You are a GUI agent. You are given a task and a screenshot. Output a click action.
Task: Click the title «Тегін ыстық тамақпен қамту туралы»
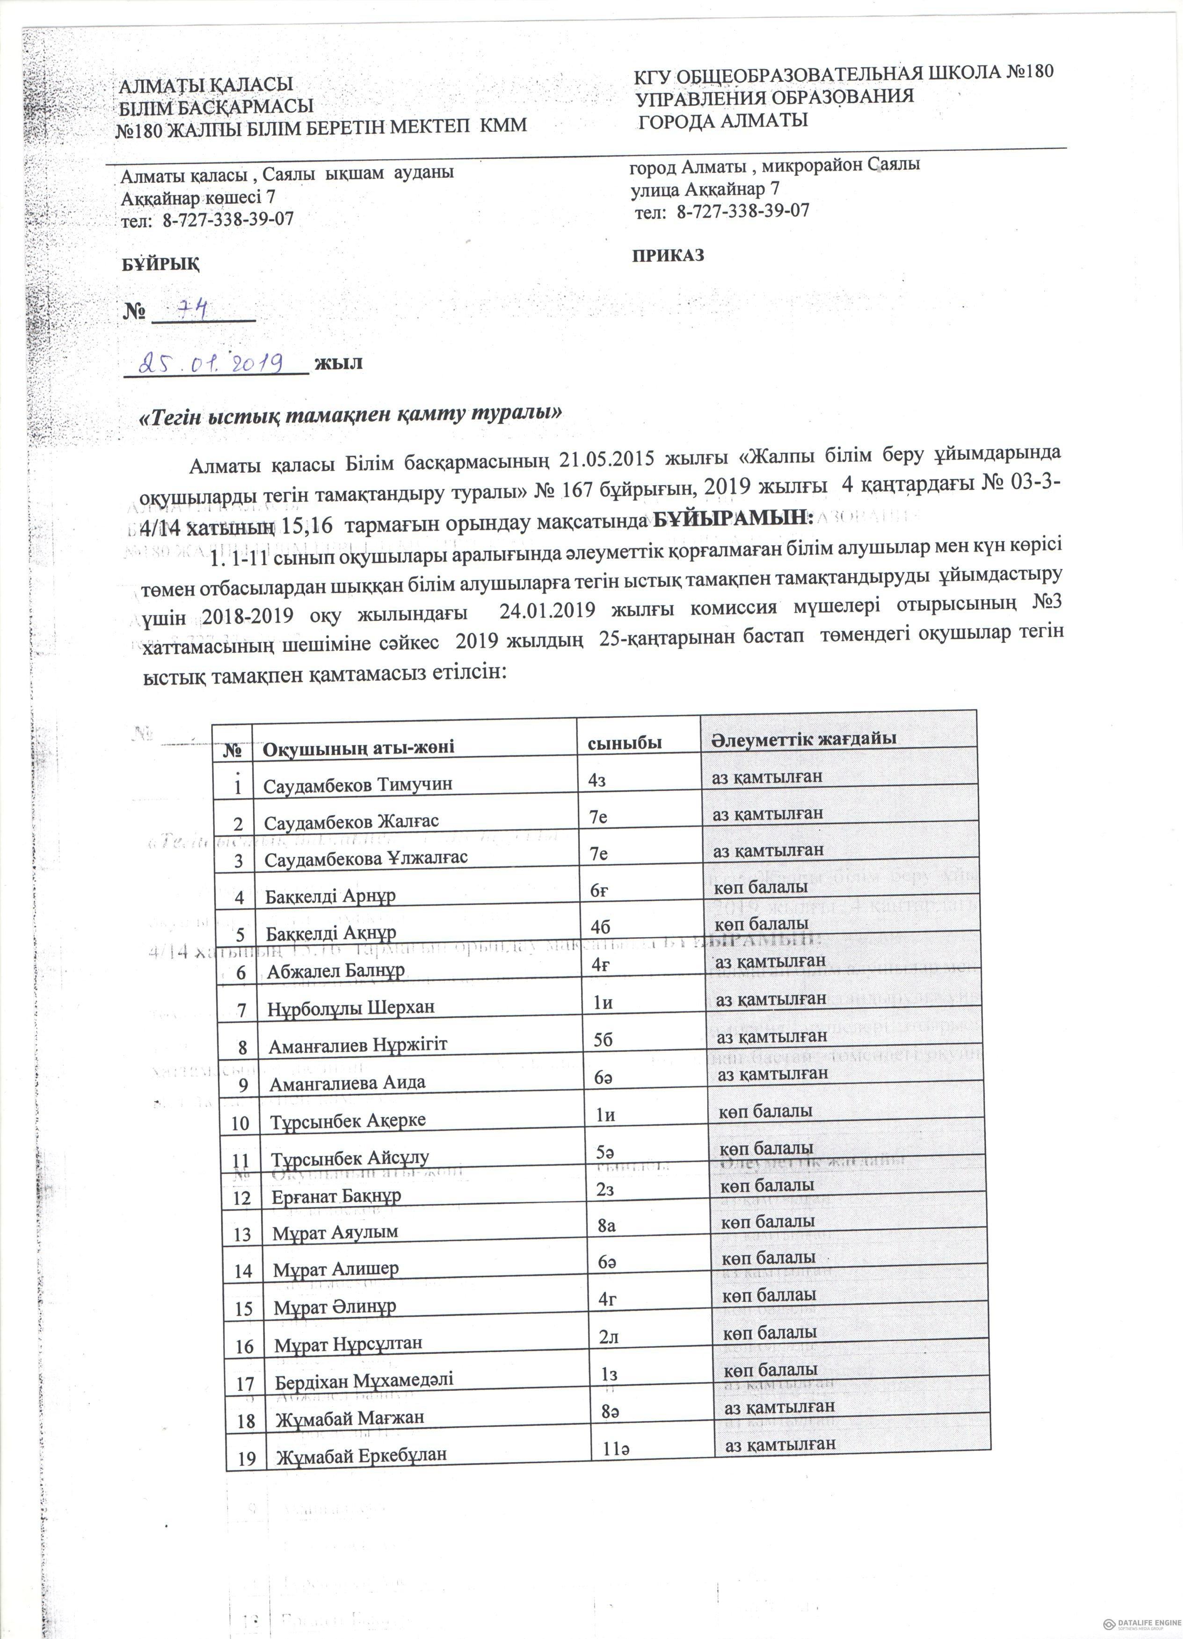(351, 414)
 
